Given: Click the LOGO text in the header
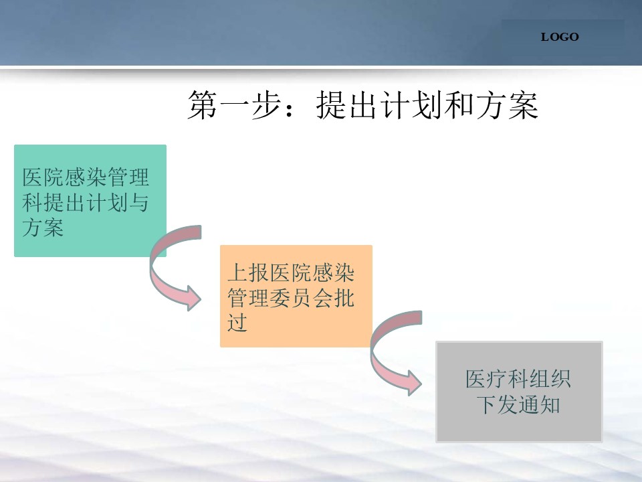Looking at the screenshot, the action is pos(560,37).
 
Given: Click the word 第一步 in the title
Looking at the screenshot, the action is pos(234,105).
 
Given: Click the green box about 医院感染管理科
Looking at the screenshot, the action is pos(90,201).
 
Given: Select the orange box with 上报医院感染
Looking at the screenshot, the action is pos(296,297).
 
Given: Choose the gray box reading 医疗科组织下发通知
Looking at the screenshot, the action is pos(519,392).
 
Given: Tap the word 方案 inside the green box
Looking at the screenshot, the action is pos(43,228).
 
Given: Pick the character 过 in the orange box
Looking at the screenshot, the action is pos(237,322).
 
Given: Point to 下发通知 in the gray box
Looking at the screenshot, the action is pos(518,404).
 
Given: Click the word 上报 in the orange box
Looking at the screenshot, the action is pos(248,272).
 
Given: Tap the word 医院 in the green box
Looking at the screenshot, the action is pos(43,177).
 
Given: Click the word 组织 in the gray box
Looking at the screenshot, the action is pos(550,379).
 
